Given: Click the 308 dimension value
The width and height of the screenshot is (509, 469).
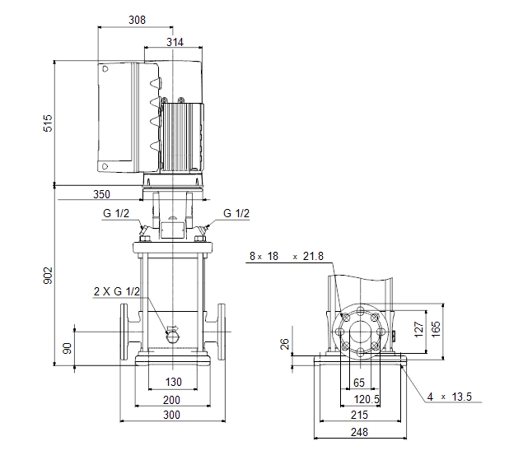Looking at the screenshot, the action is (137, 20).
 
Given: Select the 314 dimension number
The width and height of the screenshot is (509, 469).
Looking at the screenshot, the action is (175, 42).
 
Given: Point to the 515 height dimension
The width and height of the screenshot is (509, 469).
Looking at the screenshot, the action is (48, 123).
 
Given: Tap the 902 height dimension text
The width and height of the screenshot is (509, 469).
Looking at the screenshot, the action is (48, 276).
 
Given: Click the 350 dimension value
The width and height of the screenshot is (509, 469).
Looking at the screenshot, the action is (101, 194).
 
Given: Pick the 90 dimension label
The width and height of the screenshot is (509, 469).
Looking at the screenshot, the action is (68, 348).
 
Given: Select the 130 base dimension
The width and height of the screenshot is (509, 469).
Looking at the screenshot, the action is (174, 382).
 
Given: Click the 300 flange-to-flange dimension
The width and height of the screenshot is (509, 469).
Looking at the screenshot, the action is (171, 415).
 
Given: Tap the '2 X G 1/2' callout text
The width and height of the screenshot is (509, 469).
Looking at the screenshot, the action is (117, 291).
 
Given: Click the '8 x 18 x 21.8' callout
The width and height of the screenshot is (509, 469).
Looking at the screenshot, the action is (287, 256).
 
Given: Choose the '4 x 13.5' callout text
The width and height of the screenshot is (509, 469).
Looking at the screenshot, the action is (450, 397).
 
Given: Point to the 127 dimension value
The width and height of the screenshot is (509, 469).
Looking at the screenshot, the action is (419, 329).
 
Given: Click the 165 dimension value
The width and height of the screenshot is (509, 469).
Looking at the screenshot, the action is (436, 329).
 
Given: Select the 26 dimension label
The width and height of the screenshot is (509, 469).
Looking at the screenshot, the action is (284, 344).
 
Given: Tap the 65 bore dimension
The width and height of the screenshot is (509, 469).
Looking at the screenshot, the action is (359, 383).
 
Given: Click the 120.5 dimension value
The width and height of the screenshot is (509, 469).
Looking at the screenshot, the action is (367, 399).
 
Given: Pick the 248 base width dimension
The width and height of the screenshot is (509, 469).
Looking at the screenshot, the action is (359, 432).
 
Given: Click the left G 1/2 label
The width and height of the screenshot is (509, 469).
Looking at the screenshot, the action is (116, 213).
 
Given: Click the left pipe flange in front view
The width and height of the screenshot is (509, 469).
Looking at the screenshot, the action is (124, 332).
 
